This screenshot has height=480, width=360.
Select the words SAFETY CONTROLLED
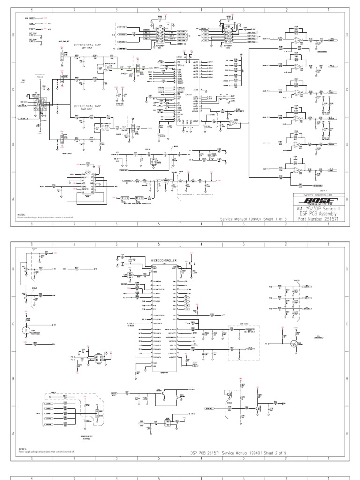(320, 195)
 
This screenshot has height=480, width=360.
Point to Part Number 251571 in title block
(321, 218)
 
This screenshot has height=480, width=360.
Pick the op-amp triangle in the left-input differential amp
(108, 68)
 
